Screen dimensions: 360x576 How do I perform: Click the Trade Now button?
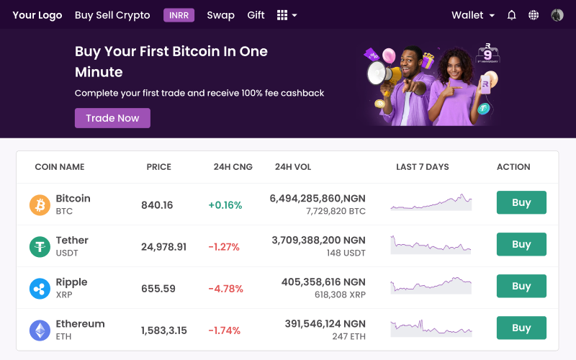(x=112, y=118)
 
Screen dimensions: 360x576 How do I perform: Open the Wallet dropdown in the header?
(x=473, y=15)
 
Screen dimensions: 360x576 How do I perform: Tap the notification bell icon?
(x=512, y=15)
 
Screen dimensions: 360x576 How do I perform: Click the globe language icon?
(x=534, y=15)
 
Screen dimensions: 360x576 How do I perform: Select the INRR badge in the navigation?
(x=179, y=15)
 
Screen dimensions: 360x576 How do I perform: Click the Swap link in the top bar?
(x=220, y=15)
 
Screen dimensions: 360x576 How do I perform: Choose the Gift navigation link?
(x=256, y=15)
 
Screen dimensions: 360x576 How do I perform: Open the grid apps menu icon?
(x=287, y=15)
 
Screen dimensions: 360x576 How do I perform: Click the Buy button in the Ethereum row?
(x=521, y=328)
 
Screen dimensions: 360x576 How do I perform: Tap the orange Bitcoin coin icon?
(x=40, y=205)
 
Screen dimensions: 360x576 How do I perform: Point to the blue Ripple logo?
(x=40, y=289)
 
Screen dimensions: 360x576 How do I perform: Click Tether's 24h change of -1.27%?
(x=224, y=247)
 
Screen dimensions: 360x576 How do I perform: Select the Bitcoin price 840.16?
(x=157, y=205)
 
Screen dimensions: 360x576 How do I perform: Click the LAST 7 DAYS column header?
(x=422, y=167)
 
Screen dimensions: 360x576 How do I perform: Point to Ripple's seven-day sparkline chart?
(x=431, y=286)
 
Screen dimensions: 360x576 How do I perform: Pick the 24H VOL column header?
(x=293, y=167)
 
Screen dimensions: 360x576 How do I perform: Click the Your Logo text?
(x=37, y=15)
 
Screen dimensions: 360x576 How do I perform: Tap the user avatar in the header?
(x=557, y=15)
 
